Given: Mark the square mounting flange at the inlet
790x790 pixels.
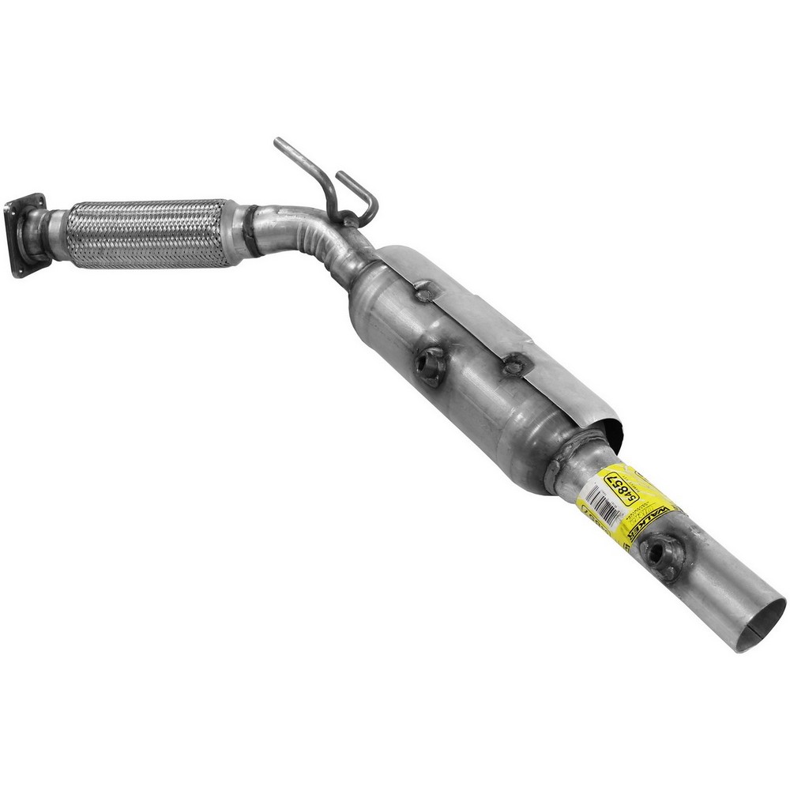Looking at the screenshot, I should pos(23,233).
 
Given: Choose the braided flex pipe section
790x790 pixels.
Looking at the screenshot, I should pos(146,233).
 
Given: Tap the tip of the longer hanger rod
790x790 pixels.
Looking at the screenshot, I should pos(278,142).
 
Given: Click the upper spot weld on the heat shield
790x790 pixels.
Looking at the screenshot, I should pos(425,293).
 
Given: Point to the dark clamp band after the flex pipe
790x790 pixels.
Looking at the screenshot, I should pos(251,231).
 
